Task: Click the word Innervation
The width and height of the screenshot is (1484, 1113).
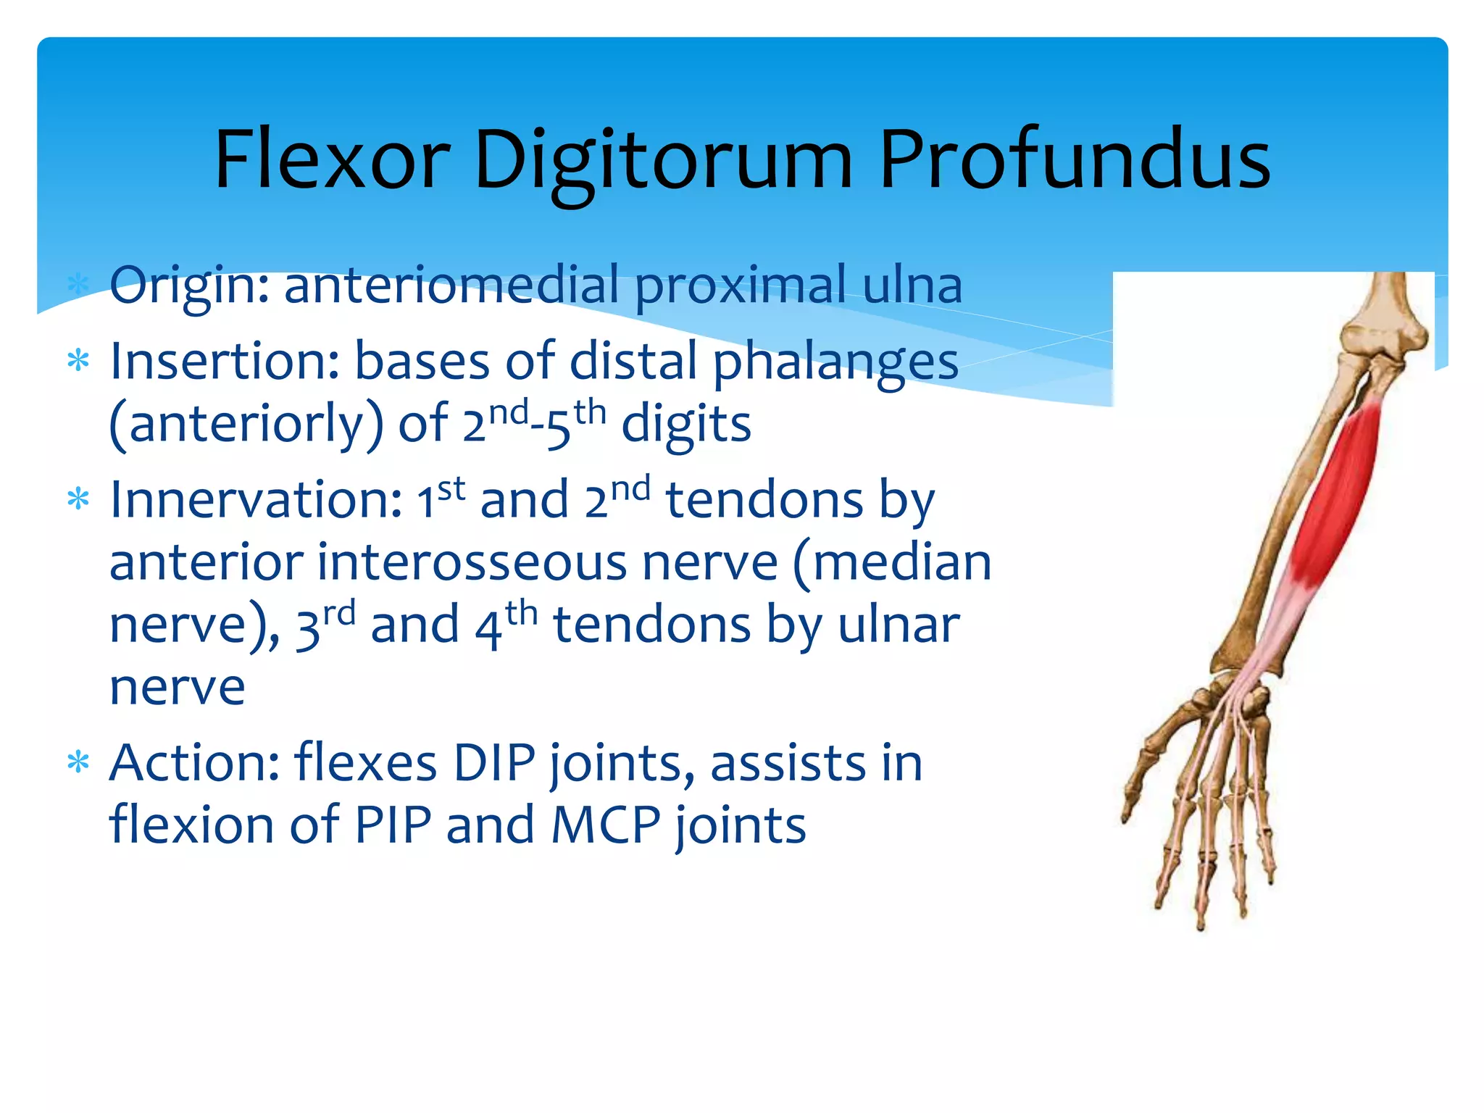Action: [x=255, y=500]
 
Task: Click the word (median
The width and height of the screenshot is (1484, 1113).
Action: [x=892, y=563]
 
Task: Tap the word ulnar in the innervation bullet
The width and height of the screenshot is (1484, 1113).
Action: [x=899, y=625]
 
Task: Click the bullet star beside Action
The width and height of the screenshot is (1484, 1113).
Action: [x=78, y=763]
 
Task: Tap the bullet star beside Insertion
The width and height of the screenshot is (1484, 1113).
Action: [x=78, y=361]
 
